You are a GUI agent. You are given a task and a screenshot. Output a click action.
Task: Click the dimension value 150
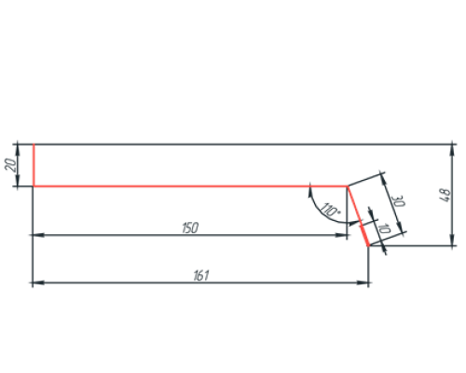190,228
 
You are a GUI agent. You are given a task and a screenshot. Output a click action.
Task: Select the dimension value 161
201,275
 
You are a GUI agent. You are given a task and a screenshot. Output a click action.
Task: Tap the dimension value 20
10,165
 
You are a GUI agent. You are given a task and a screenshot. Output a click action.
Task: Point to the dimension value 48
445,195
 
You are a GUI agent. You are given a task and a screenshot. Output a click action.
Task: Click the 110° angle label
330,210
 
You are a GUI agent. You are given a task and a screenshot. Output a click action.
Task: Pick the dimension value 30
397,201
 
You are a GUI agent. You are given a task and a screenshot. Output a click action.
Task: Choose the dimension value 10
384,229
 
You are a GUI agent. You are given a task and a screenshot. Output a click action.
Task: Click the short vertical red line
34,165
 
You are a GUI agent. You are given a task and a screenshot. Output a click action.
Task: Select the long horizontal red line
190,186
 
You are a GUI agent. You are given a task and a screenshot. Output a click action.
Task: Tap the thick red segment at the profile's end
365,234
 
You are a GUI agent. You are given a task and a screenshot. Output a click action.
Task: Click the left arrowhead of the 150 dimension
38,235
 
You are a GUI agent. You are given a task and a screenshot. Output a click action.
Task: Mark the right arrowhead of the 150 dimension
341,235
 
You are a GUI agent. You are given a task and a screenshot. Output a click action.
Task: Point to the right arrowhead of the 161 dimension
363,283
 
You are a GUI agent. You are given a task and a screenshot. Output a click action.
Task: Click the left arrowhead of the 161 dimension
38,283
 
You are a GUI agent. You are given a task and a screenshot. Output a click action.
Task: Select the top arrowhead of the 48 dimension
452,150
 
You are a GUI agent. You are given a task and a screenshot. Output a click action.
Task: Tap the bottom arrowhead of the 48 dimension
452,240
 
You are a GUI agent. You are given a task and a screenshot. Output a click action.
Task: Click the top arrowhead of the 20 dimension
18,150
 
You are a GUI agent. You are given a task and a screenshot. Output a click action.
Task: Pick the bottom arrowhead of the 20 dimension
18,181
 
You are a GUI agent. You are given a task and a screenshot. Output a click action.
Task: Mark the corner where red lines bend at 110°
348,186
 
